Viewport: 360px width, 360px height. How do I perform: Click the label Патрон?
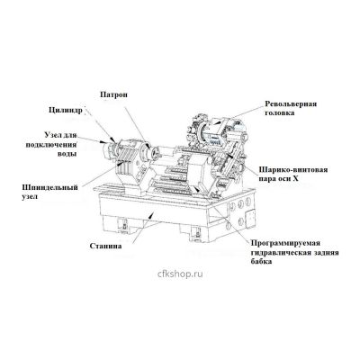click(113, 94)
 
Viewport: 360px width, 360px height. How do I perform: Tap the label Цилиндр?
click(65, 111)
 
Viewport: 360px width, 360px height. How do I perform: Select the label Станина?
click(105, 246)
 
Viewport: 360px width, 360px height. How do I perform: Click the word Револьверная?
click(291, 103)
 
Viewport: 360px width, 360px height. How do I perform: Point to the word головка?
click(279, 113)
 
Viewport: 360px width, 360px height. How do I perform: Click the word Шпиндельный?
click(50, 188)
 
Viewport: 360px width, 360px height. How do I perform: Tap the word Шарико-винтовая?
click(293, 170)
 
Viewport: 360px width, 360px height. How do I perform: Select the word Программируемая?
click(285, 243)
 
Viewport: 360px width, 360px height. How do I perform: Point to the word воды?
click(67, 154)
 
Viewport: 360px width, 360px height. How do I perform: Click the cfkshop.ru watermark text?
click(180, 274)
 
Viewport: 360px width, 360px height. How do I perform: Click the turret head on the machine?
click(215, 132)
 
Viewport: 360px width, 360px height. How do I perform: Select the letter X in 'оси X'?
click(294, 179)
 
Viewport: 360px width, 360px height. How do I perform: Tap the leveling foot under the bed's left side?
click(122, 226)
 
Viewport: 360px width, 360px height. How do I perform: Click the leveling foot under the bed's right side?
click(196, 234)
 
